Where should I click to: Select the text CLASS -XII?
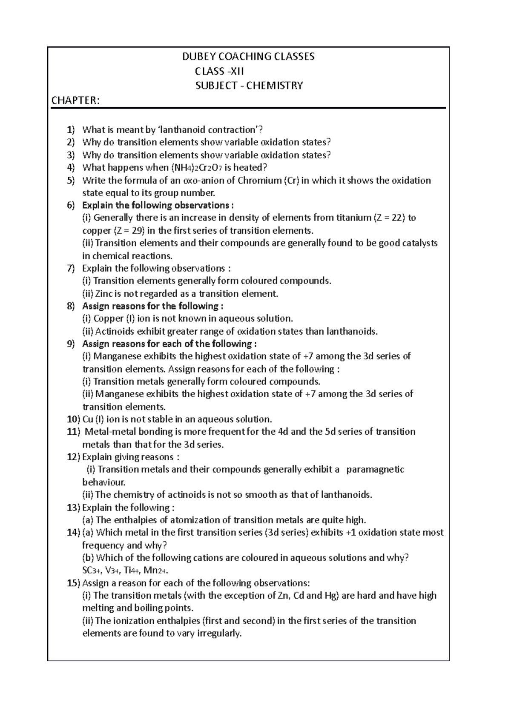(x=219, y=71)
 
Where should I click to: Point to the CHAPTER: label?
(x=75, y=100)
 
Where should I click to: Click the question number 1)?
(x=70, y=130)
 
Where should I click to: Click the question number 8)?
(x=70, y=306)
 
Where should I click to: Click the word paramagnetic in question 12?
(x=375, y=470)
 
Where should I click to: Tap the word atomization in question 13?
(x=198, y=520)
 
